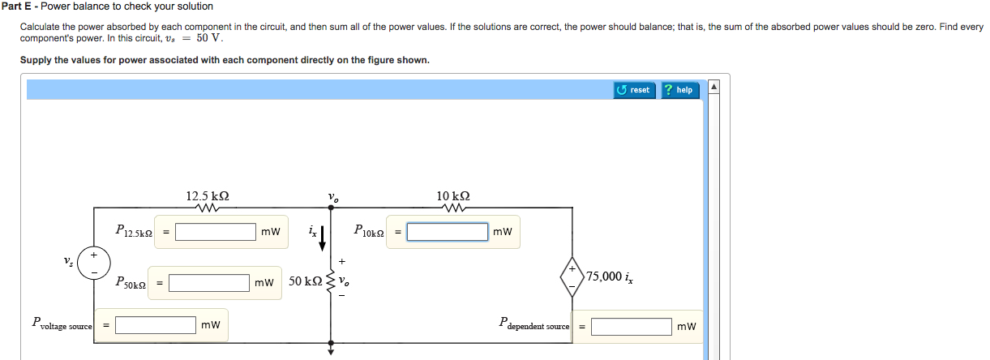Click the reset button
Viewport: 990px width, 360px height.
634,90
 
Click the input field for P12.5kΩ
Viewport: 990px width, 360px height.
216,232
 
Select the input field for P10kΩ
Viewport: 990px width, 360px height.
448,232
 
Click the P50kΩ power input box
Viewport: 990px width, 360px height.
209,283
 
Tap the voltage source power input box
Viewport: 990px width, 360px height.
155,325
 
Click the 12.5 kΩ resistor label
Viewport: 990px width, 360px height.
207,196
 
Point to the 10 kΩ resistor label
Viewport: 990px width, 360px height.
452,196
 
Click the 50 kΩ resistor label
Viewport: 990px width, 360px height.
305,281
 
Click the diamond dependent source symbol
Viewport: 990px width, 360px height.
572,276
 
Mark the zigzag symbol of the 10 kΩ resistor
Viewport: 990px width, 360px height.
452,208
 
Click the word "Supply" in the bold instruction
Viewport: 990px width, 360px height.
36,61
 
